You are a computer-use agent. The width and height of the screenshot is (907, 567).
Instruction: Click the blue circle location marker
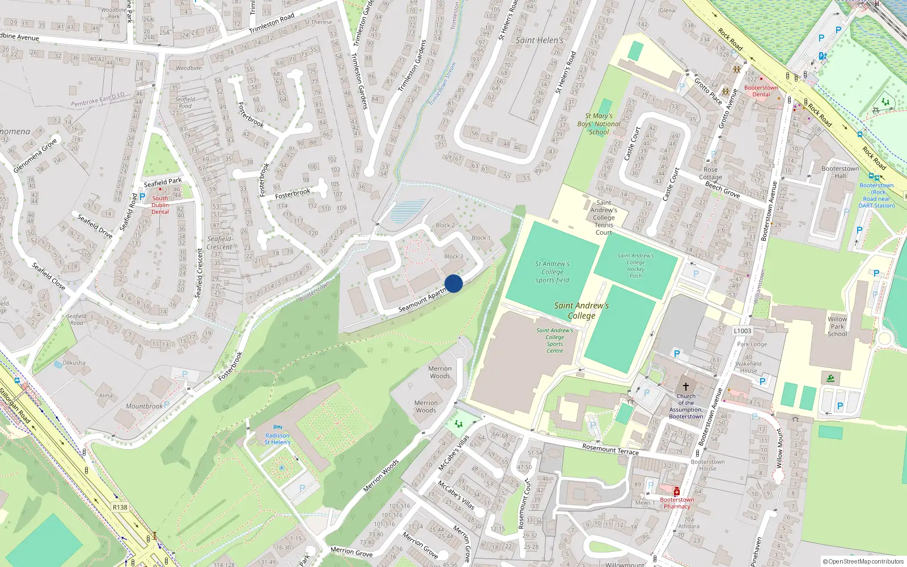(x=453, y=283)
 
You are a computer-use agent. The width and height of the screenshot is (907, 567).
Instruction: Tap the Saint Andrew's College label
(x=582, y=310)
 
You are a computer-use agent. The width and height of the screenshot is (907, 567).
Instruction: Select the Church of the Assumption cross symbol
(x=685, y=387)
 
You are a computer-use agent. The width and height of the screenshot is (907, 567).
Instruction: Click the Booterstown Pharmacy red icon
(x=676, y=492)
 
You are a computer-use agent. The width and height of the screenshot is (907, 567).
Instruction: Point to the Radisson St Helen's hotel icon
(x=277, y=427)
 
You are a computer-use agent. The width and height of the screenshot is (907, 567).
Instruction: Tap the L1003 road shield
(x=742, y=331)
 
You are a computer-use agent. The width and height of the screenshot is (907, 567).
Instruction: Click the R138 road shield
(x=120, y=507)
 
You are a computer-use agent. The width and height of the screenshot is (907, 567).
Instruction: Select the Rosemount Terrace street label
(x=610, y=450)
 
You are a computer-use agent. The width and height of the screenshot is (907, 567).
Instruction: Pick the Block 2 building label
(x=445, y=225)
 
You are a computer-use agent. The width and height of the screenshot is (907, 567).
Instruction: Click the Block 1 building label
(x=481, y=238)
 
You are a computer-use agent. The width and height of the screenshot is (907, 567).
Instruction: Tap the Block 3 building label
(x=453, y=256)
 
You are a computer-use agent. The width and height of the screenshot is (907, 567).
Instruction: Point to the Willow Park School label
(x=837, y=327)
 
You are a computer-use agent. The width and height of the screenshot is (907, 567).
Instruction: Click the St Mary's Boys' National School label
(x=599, y=124)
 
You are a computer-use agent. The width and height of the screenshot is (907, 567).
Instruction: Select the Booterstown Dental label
(x=761, y=91)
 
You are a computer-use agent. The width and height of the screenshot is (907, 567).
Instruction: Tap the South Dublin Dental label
(x=160, y=205)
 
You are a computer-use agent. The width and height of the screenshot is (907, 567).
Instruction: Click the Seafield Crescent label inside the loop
(x=219, y=243)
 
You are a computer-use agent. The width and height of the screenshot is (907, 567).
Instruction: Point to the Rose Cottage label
(x=710, y=174)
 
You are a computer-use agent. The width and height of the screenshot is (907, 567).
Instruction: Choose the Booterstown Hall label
(x=840, y=172)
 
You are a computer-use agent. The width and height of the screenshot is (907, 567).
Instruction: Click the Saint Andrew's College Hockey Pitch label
(x=635, y=265)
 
